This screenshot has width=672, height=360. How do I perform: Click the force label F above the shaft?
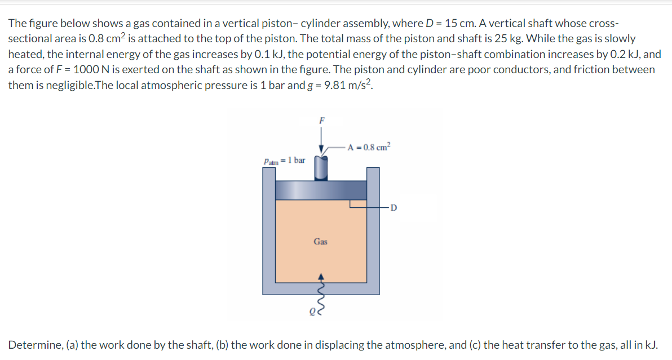click(x=322, y=119)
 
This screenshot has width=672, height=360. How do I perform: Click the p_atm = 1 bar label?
click(x=285, y=161)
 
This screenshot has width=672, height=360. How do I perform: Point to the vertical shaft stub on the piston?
click(x=321, y=168)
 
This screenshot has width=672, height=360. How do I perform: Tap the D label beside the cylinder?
click(x=394, y=208)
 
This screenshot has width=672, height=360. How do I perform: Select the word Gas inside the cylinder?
click(x=320, y=242)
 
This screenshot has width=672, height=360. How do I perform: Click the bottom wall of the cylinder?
click(x=320, y=288)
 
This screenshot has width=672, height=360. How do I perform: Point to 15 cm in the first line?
click(x=458, y=24)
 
